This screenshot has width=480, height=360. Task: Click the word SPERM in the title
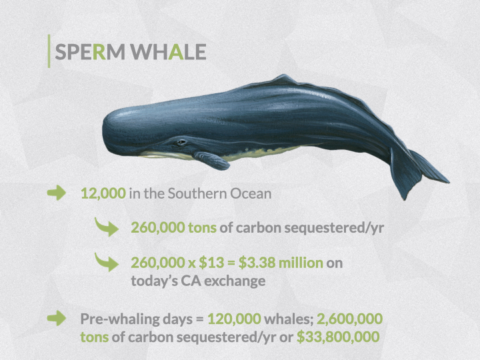(x=90, y=52)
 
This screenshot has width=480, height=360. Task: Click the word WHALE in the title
(x=169, y=52)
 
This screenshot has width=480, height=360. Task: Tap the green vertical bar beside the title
(x=49, y=51)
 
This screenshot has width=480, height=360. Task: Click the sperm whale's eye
(x=181, y=142)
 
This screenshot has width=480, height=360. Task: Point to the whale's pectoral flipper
(x=212, y=160)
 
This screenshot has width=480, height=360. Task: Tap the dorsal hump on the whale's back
(x=285, y=79)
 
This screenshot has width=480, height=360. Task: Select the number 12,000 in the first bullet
(x=103, y=193)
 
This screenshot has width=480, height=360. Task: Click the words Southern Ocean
(x=219, y=193)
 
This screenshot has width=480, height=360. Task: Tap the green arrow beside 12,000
(x=57, y=193)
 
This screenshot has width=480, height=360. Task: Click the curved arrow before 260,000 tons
(x=106, y=227)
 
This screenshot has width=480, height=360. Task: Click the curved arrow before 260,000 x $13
(x=106, y=262)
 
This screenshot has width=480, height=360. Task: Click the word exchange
(x=235, y=281)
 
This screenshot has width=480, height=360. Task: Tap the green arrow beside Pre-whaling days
(x=57, y=318)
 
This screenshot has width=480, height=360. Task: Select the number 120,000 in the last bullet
(x=234, y=319)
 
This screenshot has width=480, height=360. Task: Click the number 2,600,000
(x=349, y=319)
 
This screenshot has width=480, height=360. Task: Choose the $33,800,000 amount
(x=338, y=337)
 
